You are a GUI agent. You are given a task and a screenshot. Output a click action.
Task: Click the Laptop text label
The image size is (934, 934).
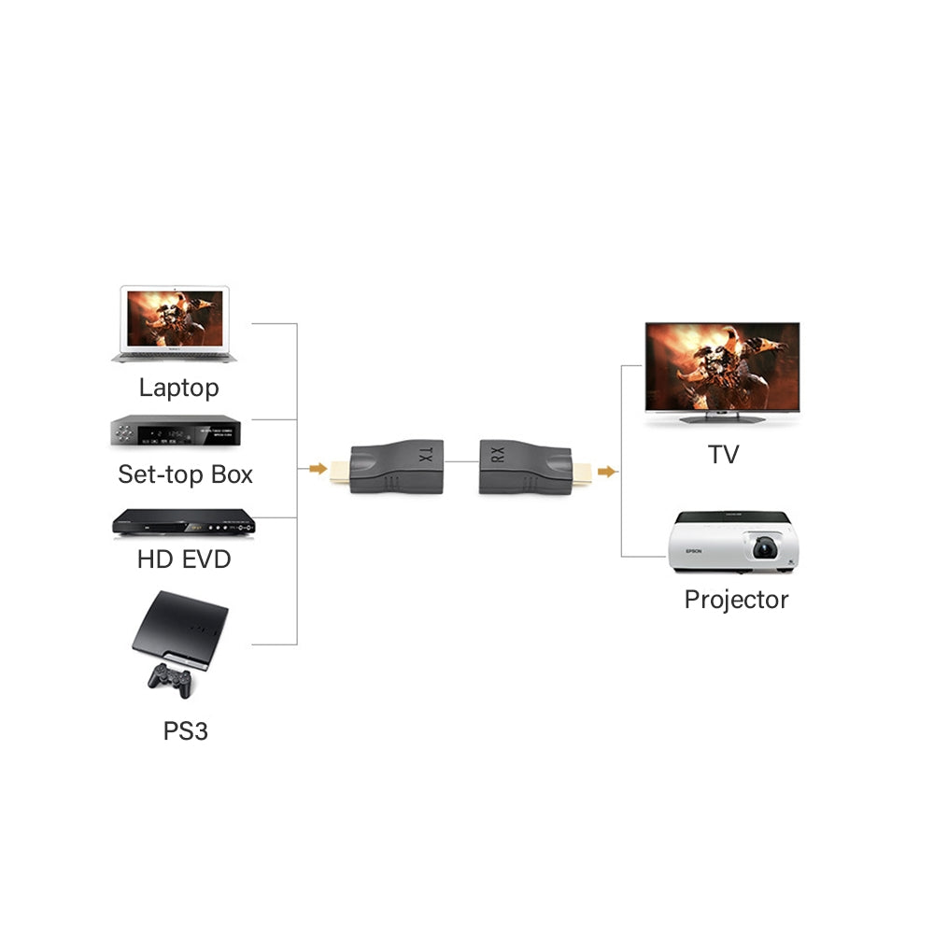pos(178,388)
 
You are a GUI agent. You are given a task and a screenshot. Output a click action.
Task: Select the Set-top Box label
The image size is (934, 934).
pos(185,474)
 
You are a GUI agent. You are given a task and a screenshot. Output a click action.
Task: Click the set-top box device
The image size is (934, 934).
pos(177,431)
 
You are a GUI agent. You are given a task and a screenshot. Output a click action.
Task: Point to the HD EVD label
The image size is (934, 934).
pos(183,559)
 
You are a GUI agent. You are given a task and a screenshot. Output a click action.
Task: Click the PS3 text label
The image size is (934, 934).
pos(185,730)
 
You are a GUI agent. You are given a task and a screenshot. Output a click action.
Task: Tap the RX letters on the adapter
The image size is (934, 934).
pos(498,455)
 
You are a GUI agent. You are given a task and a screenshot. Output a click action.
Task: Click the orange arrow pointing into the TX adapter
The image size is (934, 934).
pos(318,468)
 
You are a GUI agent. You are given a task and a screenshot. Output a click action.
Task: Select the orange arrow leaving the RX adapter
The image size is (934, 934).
pos(607,472)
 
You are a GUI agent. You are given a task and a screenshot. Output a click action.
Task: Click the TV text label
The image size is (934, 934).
pos(723,455)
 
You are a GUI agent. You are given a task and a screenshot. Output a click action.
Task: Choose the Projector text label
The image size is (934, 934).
pos(736,600)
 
